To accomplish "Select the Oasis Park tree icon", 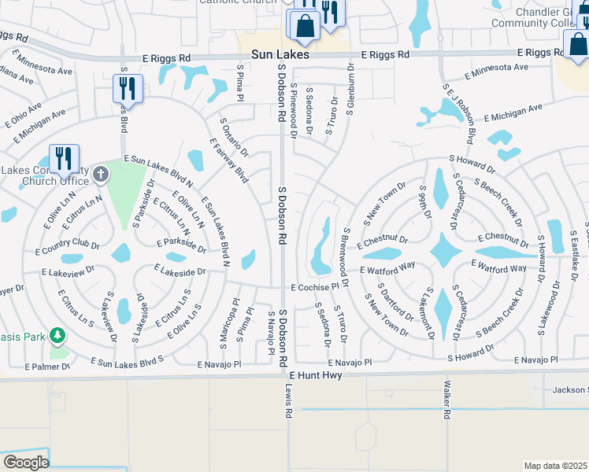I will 57,336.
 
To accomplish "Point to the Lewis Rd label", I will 288,400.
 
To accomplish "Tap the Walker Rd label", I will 446,400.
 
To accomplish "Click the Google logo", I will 26,463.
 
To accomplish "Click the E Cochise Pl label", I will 318,288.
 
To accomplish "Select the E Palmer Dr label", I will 47,367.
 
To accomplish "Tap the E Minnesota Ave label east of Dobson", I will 496,72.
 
